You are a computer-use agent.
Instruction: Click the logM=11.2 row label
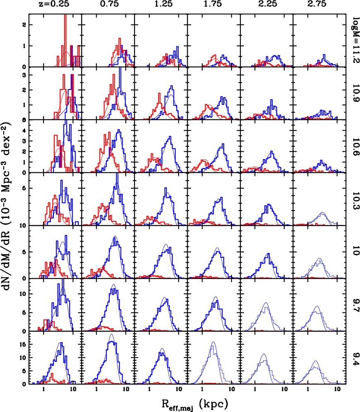click(355, 40)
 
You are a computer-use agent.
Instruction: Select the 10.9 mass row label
click(355, 94)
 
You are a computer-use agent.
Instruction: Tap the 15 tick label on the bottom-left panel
click(23, 344)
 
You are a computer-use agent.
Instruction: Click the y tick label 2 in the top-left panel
click(24, 25)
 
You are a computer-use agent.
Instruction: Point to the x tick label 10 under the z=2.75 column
click(337, 389)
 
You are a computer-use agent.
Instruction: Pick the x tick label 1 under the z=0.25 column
click(43, 389)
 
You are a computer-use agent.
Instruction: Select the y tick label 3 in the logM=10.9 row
click(24, 75)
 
